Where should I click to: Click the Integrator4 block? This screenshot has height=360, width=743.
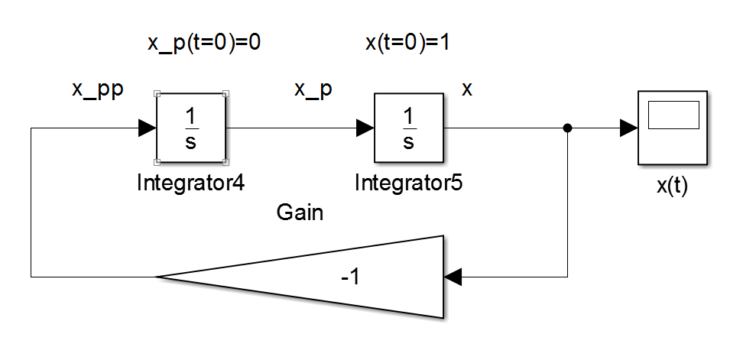pyautogui.click(x=190, y=128)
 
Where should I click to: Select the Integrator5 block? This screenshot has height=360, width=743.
pyautogui.click(x=408, y=128)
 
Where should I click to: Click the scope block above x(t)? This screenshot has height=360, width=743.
pyautogui.click(x=673, y=128)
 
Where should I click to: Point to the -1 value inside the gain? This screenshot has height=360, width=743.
pyautogui.click(x=350, y=277)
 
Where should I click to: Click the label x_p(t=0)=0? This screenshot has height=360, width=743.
pyautogui.click(x=204, y=43)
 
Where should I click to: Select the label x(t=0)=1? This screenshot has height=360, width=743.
pyautogui.click(x=407, y=43)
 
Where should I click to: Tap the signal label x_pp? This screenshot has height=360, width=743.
pyautogui.click(x=98, y=89)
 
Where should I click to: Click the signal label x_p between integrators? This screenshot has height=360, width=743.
pyautogui.click(x=313, y=89)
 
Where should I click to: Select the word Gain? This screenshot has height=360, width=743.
pyautogui.click(x=300, y=213)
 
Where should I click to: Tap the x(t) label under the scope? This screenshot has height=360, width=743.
pyautogui.click(x=673, y=186)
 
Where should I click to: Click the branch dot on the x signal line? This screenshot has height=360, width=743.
pyautogui.click(x=567, y=128)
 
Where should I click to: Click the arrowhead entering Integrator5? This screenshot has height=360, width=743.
pyautogui.click(x=365, y=128)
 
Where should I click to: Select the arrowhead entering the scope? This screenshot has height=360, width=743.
pyautogui.click(x=629, y=128)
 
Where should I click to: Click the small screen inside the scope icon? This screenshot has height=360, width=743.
pyautogui.click(x=673, y=115)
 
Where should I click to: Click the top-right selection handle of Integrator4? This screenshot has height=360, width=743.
pyautogui.click(x=225, y=94)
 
